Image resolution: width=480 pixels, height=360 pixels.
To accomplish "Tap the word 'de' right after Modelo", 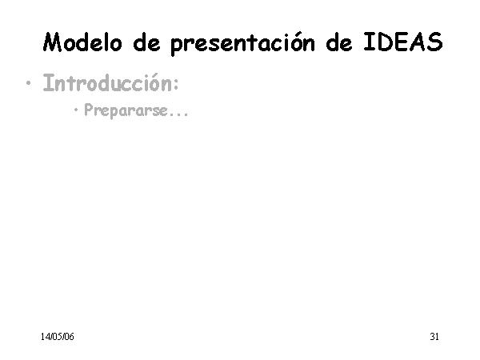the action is (x=146, y=42).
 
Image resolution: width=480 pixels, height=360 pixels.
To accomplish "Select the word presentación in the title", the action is (x=242, y=43).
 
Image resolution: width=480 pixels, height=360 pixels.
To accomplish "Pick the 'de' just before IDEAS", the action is (x=339, y=42).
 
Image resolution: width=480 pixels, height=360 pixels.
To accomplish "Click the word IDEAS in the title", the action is (x=403, y=42).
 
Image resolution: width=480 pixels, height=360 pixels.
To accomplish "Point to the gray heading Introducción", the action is (x=111, y=83).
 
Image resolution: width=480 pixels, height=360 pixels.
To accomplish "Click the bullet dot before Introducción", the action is (x=29, y=83).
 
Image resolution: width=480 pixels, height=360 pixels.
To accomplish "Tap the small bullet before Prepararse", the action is (x=76, y=110).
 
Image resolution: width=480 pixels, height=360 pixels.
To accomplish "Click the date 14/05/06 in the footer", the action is (x=58, y=337).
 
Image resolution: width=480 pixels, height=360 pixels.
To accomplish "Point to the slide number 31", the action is (x=434, y=337).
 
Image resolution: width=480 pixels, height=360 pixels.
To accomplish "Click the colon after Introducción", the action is (x=176, y=85).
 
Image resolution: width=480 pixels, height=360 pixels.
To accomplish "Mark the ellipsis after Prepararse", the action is (x=179, y=114).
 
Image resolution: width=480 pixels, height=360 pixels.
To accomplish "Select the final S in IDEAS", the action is (x=435, y=42).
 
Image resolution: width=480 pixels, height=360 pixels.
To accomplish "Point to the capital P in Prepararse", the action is (x=89, y=110).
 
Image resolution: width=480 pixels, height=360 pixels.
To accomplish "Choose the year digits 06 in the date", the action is (x=69, y=337).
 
